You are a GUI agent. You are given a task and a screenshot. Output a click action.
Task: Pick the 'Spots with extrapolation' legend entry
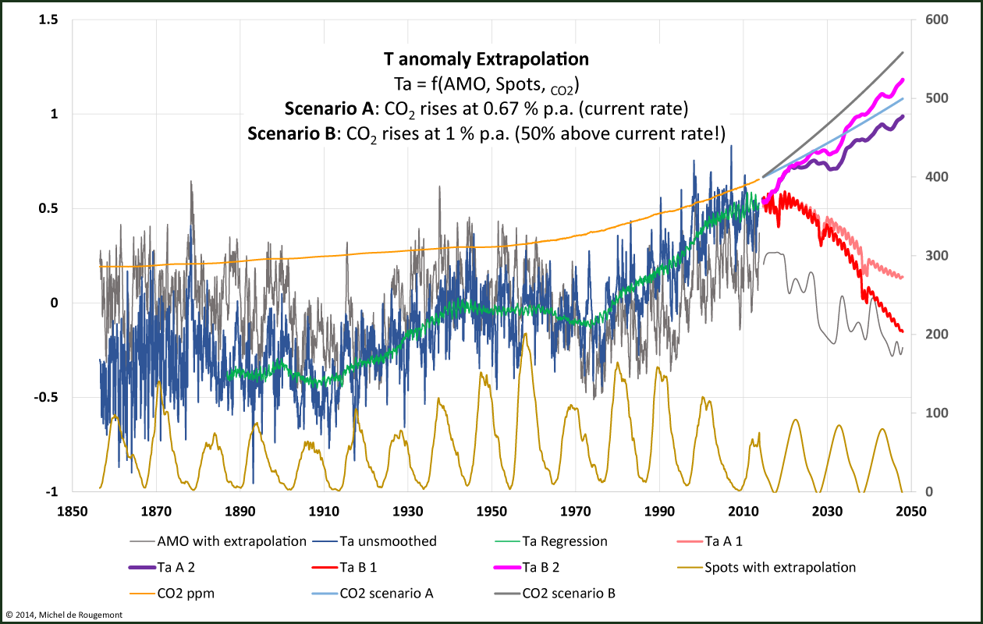[779, 567]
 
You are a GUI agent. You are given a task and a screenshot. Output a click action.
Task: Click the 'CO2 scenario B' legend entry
[568, 594]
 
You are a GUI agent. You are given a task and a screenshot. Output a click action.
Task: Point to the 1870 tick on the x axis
[156, 512]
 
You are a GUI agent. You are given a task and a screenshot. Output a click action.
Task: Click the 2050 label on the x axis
[910, 512]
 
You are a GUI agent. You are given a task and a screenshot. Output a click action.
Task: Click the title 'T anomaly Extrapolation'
[486, 59]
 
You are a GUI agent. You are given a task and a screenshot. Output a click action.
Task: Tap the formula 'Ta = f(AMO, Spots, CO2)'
[486, 83]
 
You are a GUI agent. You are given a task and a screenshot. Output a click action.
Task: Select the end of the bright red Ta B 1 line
[903, 332]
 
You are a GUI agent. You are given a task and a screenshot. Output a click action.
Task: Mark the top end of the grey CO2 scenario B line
[903, 52]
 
